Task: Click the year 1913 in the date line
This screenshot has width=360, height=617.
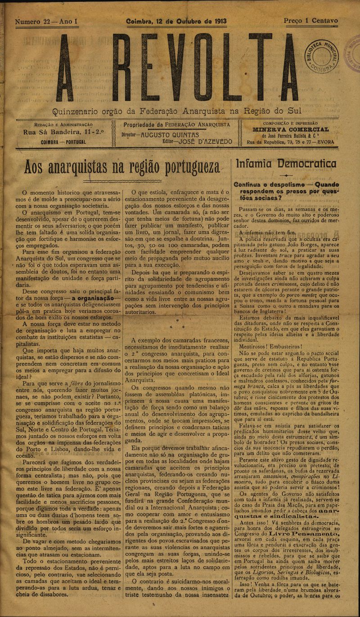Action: (217, 22)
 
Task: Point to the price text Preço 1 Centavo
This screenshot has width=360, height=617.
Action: (310, 21)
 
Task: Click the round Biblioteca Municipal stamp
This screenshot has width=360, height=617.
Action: (323, 55)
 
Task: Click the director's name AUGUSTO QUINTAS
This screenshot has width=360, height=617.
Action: (170, 134)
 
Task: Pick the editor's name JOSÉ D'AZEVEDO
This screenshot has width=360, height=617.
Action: (205, 141)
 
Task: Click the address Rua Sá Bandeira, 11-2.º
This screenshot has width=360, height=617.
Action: (63, 132)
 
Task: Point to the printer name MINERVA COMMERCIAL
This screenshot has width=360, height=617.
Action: (290, 130)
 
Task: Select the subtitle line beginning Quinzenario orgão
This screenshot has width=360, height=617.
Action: (177, 111)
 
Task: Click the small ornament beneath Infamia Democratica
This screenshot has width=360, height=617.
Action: (286, 175)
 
